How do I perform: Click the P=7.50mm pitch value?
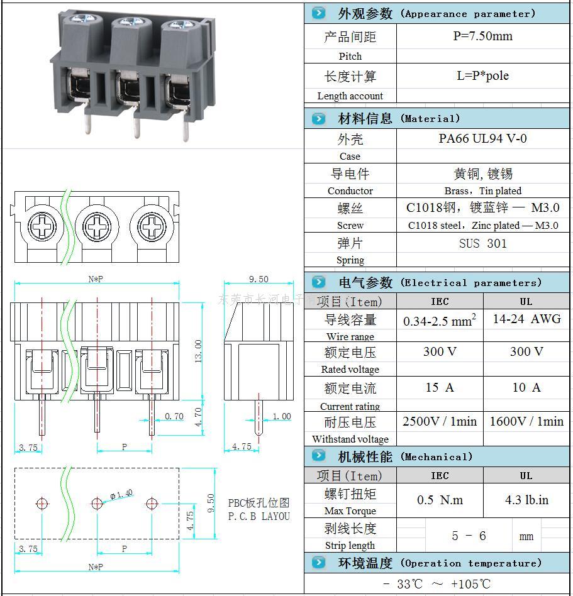tap(482, 36)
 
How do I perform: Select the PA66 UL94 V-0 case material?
tap(482, 139)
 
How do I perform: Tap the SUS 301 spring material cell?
tap(482, 243)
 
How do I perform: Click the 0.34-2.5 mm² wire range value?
tap(439, 321)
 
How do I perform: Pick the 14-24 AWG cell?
tap(526, 319)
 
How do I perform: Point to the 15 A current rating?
tap(439, 388)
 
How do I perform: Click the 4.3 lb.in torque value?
tap(526, 500)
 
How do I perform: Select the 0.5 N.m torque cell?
tap(439, 500)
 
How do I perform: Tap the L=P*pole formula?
tap(482, 76)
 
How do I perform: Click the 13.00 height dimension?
tap(199, 351)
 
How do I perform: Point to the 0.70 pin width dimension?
tap(174, 416)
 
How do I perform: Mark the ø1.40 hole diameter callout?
tap(121, 494)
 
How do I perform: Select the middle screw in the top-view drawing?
tap(97, 224)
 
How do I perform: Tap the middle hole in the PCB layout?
tap(97, 503)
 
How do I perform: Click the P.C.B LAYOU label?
tap(259, 516)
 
